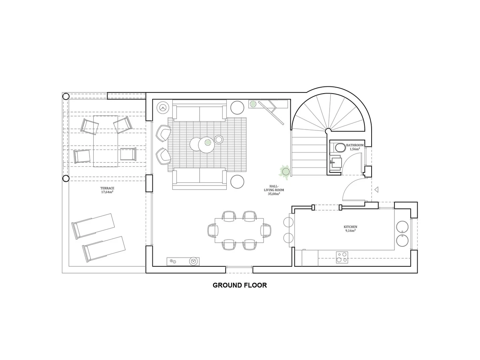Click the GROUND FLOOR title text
point(240,285)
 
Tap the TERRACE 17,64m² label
point(107,190)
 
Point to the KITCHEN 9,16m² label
point(350,228)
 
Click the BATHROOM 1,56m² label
point(355,147)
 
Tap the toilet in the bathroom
point(340,148)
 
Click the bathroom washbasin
point(336,162)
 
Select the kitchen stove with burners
point(342,257)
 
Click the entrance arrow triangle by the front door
point(376,190)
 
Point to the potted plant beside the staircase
point(285,172)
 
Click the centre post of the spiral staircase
point(328,131)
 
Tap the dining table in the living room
point(239,230)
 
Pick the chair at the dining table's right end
point(266,230)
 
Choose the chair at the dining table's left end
point(212,230)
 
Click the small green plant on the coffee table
point(208,142)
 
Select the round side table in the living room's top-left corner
point(163,107)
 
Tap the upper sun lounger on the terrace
point(93,225)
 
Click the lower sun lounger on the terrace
point(104,248)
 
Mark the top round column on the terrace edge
point(66,96)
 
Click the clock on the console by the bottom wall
point(194,261)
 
